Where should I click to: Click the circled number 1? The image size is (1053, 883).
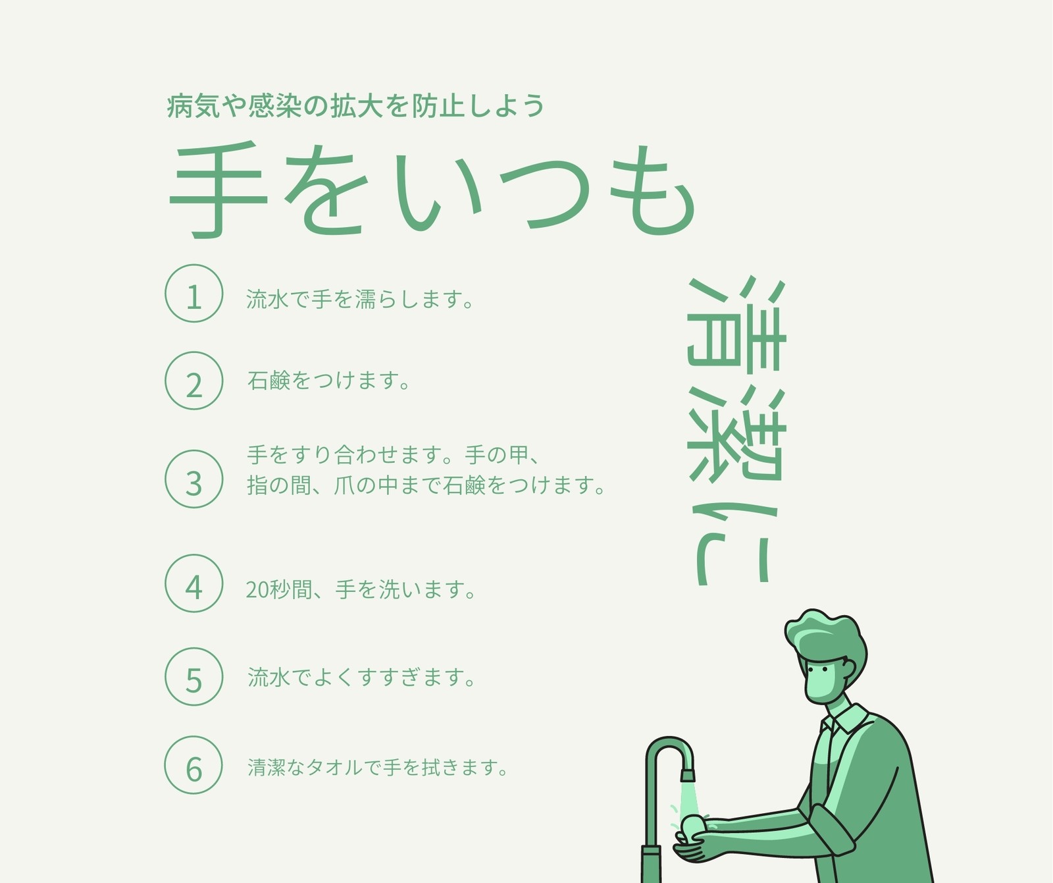(x=193, y=293)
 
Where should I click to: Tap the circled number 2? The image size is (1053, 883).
(x=193, y=381)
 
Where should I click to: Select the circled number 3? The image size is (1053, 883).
(x=193, y=479)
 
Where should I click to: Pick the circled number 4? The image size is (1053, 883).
(x=193, y=583)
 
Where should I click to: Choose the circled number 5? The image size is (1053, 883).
(x=193, y=676)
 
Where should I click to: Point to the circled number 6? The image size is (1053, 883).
(x=193, y=764)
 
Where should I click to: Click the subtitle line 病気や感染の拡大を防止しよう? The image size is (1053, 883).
(x=355, y=105)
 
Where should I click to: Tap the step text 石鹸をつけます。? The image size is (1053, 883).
(x=328, y=381)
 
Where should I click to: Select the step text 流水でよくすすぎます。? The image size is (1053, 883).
(x=361, y=677)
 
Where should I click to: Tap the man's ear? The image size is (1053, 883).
(x=849, y=668)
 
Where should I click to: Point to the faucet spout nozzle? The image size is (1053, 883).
(x=688, y=775)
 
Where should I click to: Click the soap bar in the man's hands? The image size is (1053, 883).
(x=694, y=826)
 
